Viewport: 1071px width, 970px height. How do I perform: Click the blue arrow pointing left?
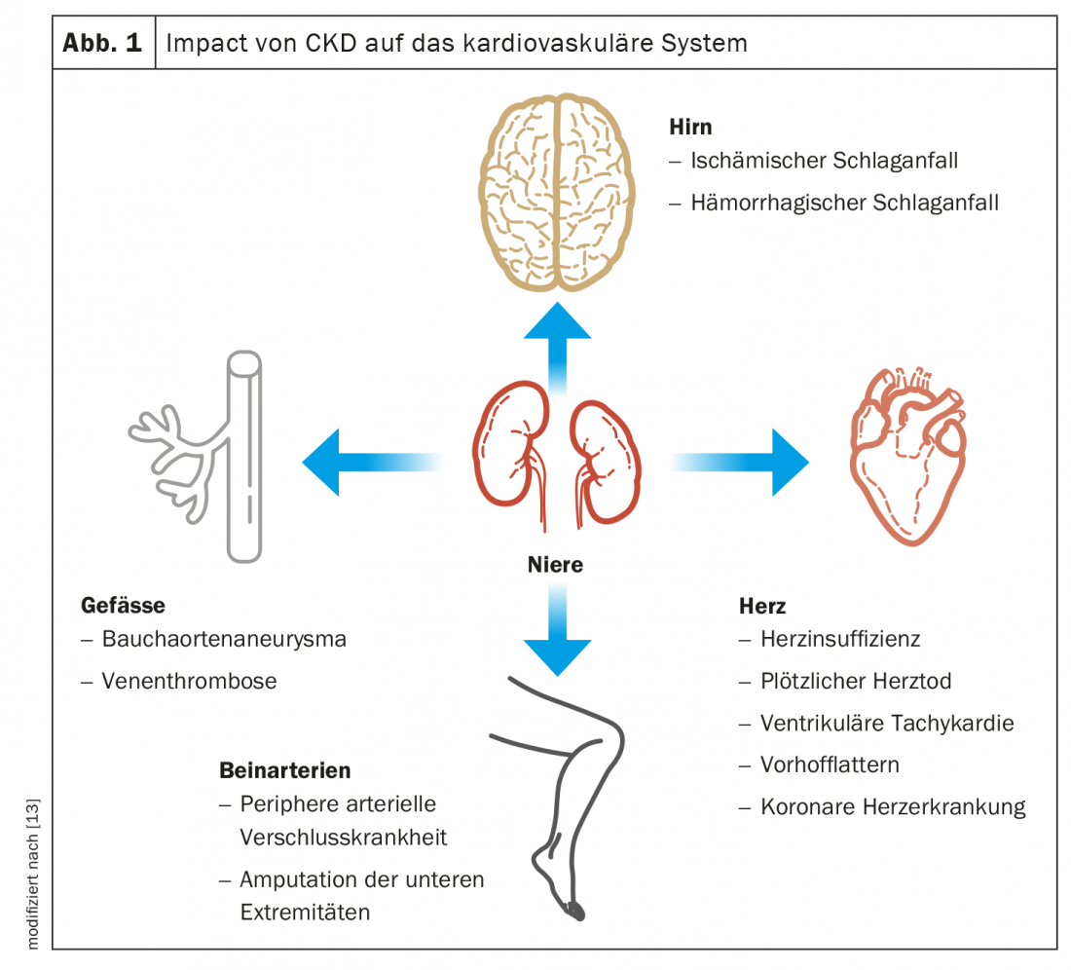pyautogui.click(x=360, y=462)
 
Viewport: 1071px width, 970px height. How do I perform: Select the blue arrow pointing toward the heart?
pyautogui.click(x=750, y=462)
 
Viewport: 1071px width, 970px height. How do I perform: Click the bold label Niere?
pyautogui.click(x=555, y=565)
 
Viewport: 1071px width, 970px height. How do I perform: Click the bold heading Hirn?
pyautogui.click(x=690, y=128)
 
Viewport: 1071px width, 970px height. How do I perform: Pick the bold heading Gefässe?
pyautogui.click(x=123, y=606)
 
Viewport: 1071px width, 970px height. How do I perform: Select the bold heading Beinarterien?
pyautogui.click(x=284, y=771)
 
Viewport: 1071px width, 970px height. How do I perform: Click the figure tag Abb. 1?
pyautogui.click(x=103, y=44)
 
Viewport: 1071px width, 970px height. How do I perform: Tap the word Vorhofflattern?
pyautogui.click(x=830, y=765)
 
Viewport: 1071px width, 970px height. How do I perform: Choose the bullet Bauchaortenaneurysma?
pyautogui.click(x=224, y=640)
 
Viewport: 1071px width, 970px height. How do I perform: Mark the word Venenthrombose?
pyautogui.click(x=189, y=682)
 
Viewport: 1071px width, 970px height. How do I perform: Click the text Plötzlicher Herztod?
pyautogui.click(x=856, y=682)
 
